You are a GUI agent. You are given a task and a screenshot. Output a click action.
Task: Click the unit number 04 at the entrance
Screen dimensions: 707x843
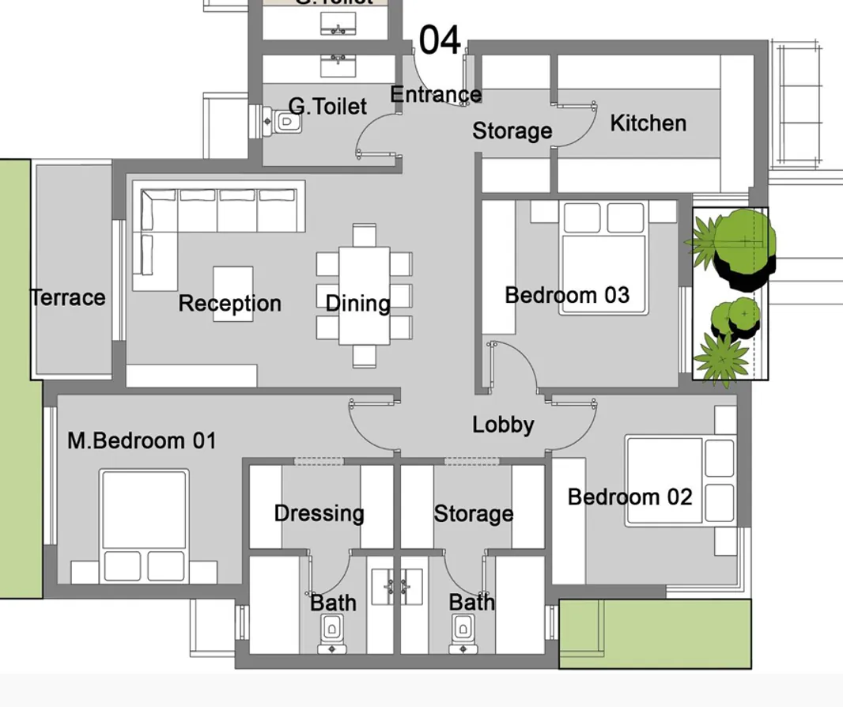439,40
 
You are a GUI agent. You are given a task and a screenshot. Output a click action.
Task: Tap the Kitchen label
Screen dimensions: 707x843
648,123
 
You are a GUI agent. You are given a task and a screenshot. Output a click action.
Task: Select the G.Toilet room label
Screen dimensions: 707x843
327,106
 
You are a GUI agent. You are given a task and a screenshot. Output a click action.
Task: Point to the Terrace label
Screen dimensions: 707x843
68,298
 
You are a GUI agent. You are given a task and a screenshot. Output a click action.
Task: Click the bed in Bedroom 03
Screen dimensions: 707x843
604,257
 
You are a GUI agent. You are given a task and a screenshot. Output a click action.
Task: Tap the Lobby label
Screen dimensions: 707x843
503,425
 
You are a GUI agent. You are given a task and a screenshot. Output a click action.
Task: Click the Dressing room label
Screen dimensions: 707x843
319,513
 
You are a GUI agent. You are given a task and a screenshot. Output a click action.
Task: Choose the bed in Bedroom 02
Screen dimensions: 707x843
679,480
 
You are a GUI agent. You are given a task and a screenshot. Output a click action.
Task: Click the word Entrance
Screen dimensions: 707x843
435,95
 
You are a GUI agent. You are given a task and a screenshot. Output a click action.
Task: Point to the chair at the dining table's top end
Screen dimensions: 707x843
365,235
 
